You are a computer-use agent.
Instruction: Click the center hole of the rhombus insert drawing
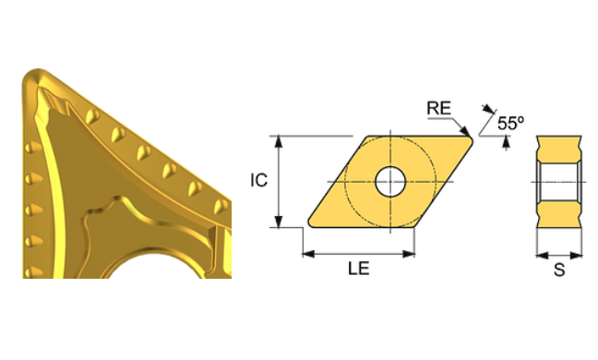pos(389,180)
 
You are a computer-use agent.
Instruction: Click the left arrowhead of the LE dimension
pos(307,251)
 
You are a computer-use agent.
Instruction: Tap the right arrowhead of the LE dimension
pos(412,251)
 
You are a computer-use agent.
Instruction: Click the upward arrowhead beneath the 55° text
pos(506,139)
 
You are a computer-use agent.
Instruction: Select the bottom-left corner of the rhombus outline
pos(307,225)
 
